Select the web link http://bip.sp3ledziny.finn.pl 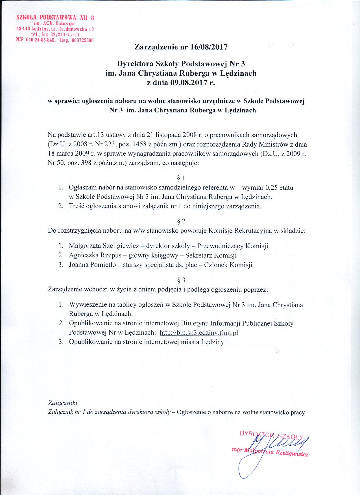[x=199, y=333]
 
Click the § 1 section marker [x=180, y=178]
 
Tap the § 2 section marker [x=180, y=221]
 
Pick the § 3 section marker [x=180, y=280]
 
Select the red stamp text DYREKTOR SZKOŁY [x=271, y=435]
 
